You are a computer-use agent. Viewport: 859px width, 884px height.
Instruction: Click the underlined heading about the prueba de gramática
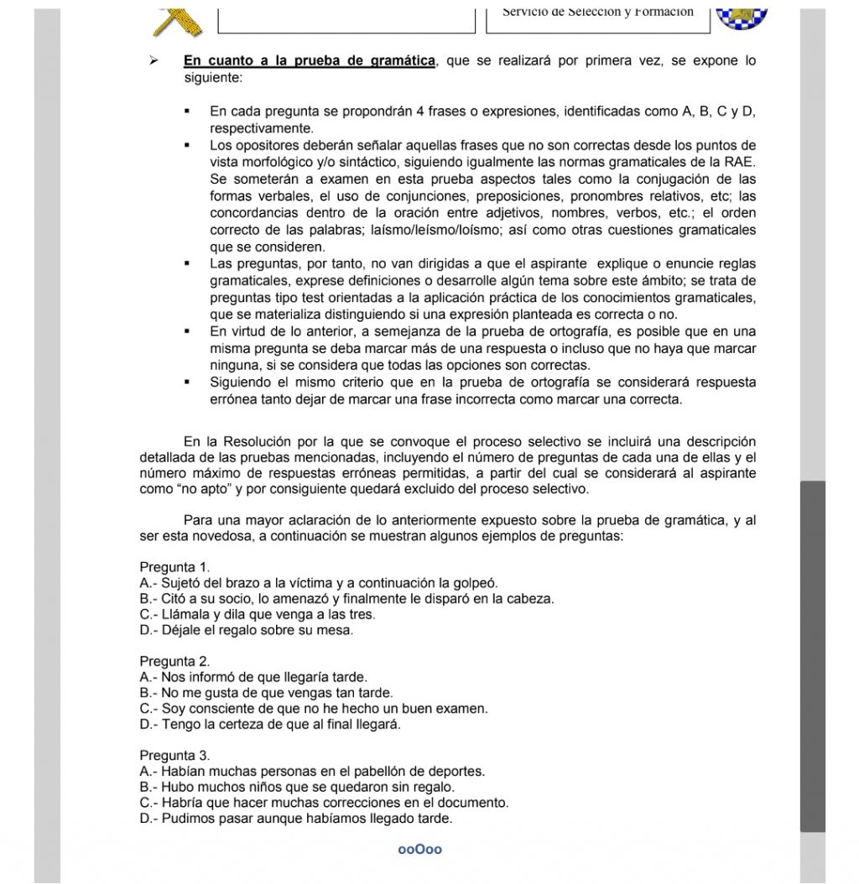(x=310, y=61)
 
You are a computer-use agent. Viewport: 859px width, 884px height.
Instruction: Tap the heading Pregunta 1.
(x=174, y=567)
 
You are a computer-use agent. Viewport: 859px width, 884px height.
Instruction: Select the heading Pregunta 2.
(x=174, y=661)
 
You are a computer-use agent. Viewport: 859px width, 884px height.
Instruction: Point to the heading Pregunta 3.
(x=174, y=755)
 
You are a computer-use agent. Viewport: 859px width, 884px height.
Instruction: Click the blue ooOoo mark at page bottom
(x=420, y=850)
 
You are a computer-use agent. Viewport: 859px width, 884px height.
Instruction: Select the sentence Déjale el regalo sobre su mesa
(x=247, y=630)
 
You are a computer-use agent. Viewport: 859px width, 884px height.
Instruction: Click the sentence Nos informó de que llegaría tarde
(x=253, y=677)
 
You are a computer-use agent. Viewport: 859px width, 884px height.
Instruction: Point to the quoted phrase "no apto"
(x=170, y=490)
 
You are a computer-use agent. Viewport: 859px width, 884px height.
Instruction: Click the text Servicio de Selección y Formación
(x=598, y=12)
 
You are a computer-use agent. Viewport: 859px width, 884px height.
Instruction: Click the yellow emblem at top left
(x=180, y=17)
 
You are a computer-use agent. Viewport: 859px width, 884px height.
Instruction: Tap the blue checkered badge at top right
(x=742, y=13)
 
